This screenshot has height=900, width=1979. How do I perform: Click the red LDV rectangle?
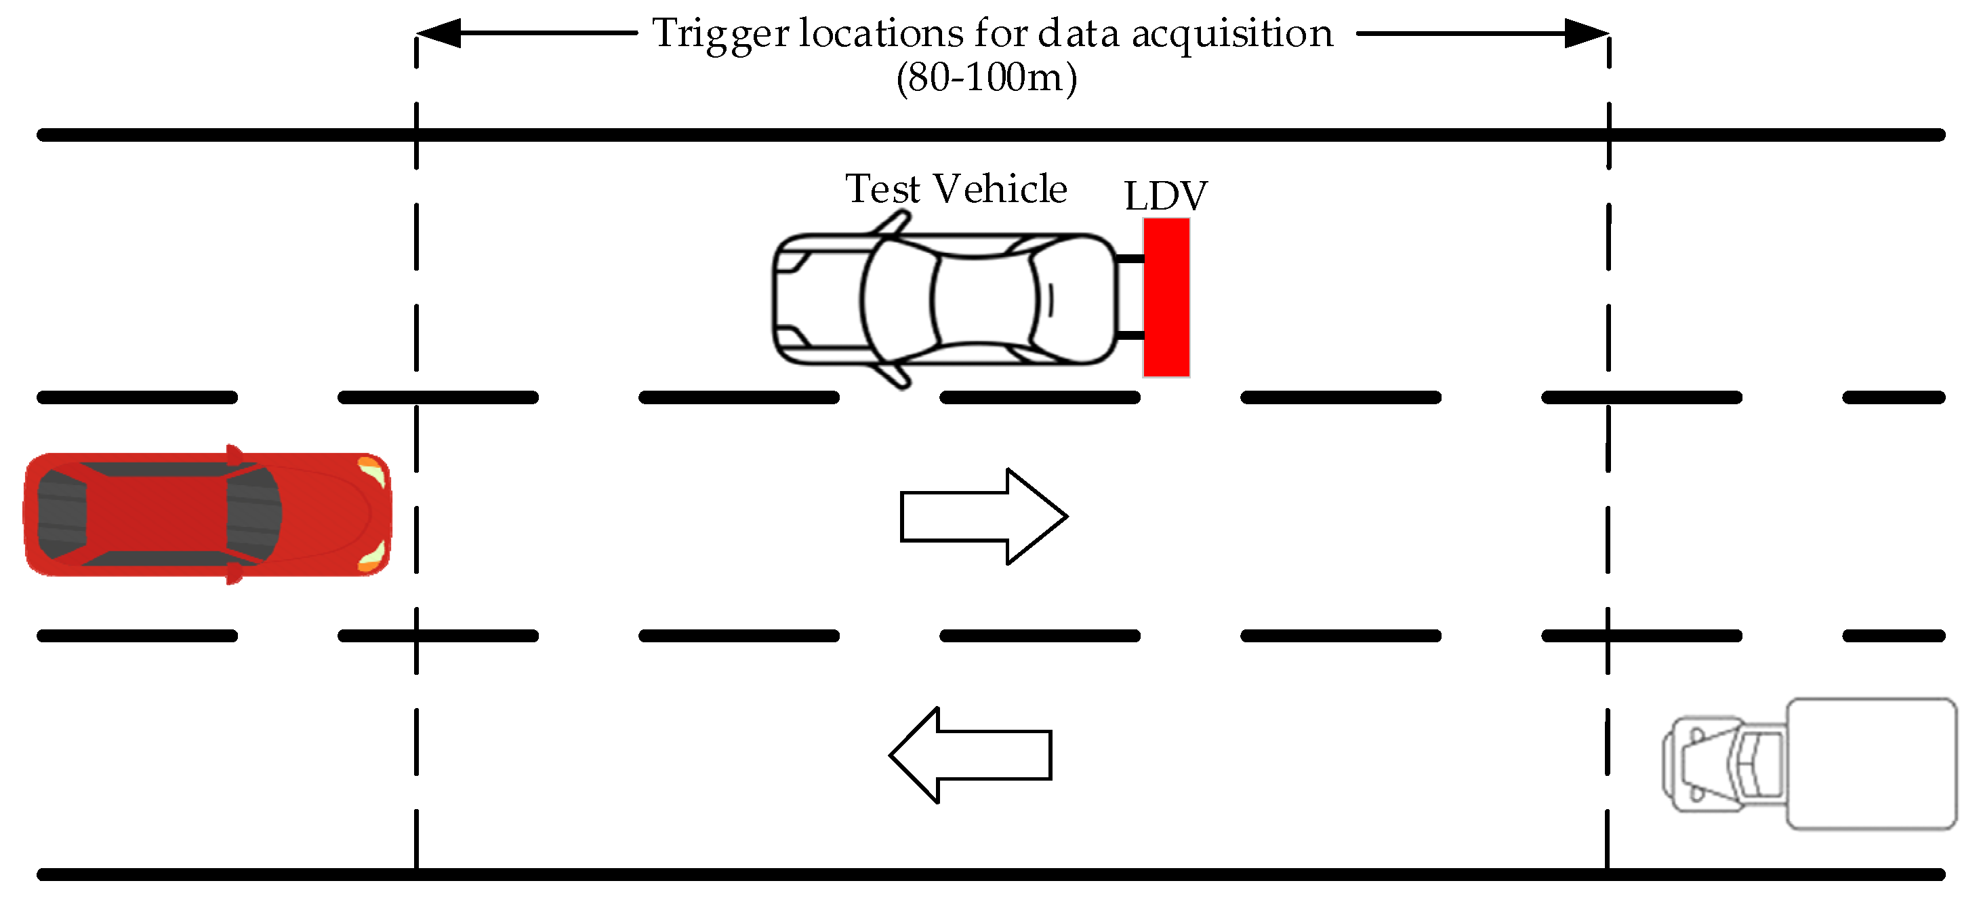(x=1166, y=298)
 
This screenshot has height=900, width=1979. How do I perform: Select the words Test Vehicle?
(x=956, y=189)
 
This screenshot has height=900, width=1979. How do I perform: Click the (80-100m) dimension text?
(x=986, y=77)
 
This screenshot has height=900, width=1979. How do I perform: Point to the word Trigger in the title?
(x=720, y=35)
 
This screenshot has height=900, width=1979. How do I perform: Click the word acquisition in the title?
(x=1232, y=35)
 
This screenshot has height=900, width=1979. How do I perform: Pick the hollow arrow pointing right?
(x=983, y=517)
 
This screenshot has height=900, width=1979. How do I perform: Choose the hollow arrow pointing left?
(x=970, y=755)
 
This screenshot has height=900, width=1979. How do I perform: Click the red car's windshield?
(x=253, y=513)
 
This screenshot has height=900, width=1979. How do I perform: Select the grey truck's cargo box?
(x=1871, y=763)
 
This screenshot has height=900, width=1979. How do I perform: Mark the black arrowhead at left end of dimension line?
(x=438, y=34)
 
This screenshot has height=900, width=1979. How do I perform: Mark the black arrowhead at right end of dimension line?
(x=1587, y=34)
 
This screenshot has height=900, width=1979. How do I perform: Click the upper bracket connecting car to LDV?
(x=1129, y=259)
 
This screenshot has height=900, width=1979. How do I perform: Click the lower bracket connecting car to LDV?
(x=1129, y=335)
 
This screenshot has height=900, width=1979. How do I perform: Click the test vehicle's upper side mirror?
(x=893, y=222)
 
